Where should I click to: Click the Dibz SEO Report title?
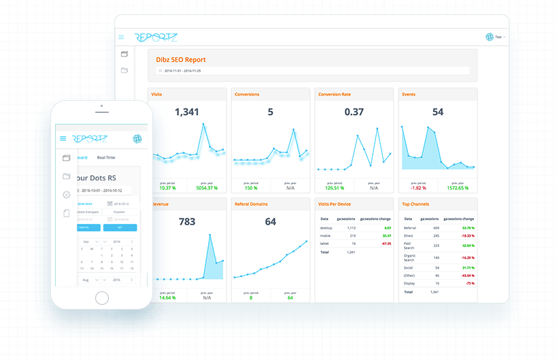[181, 60]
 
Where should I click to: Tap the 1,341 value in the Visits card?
[187, 112]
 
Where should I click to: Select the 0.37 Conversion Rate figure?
[354, 112]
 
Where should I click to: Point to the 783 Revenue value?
[187, 222]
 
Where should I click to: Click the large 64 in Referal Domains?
[271, 222]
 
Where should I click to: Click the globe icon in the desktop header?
[489, 37]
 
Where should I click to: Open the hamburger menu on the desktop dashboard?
[121, 37]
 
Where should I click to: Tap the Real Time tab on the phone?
[105, 157]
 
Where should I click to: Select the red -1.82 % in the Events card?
[417, 188]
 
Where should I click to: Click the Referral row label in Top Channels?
[409, 229]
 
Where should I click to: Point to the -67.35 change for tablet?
[386, 243]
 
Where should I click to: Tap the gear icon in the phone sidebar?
[67, 195]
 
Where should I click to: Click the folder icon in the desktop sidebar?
[124, 70]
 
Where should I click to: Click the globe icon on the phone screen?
[137, 138]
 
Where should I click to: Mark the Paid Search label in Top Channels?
[409, 246]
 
